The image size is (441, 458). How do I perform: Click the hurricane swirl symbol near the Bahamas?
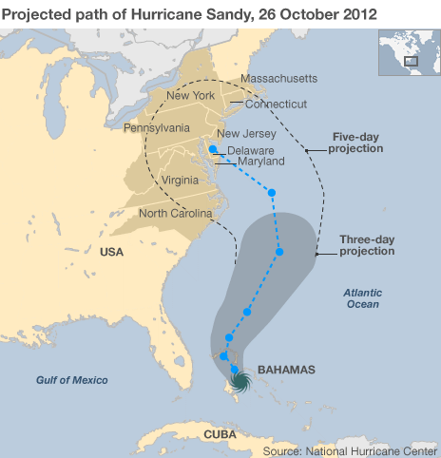[240, 381]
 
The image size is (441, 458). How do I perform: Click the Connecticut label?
[277, 104]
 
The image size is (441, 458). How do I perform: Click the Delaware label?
[250, 151]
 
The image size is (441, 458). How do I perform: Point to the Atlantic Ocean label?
[361, 298]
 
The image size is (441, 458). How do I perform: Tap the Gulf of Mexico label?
[72, 380]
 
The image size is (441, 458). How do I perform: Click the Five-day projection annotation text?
[356, 143]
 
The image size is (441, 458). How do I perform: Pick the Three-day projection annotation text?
[367, 245]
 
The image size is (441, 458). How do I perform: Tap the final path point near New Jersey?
[213, 149]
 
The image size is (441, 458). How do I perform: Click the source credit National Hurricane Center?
[349, 449]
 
